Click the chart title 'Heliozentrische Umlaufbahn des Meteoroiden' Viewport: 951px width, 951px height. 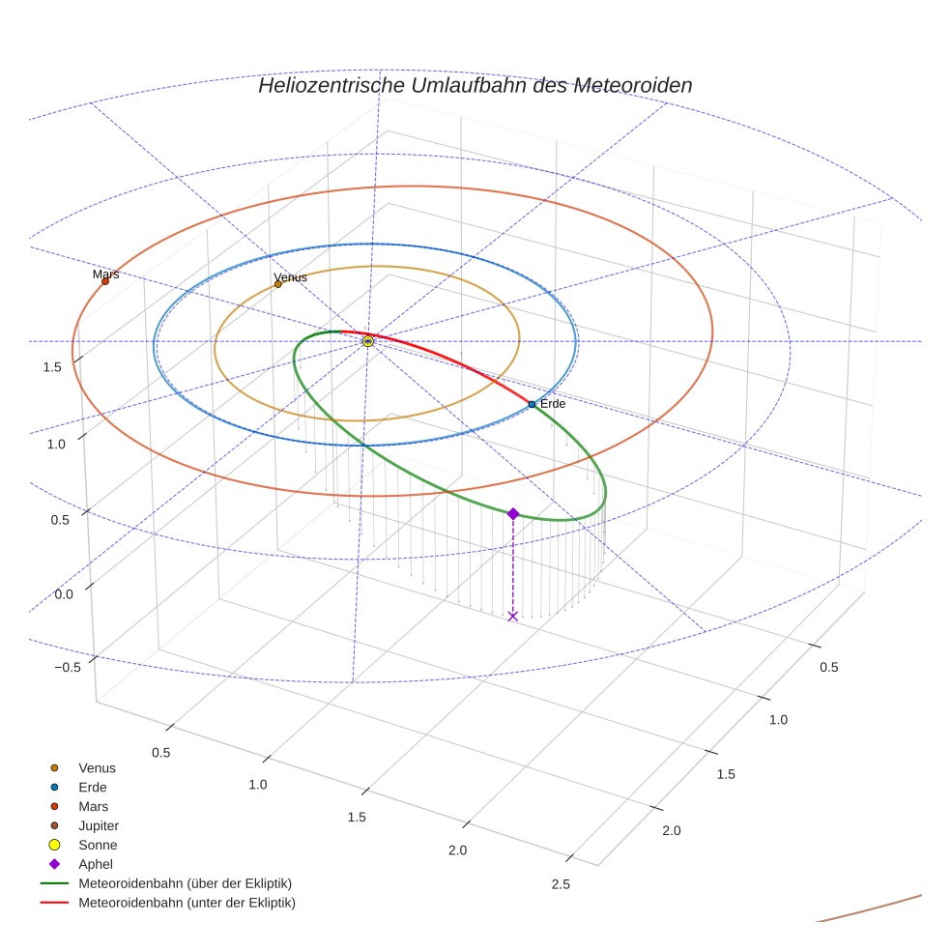click(x=475, y=86)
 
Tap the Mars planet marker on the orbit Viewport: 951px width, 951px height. click(x=105, y=281)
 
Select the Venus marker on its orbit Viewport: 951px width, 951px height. click(x=278, y=284)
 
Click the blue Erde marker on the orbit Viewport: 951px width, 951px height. click(x=532, y=404)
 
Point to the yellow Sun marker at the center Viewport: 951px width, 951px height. click(x=368, y=341)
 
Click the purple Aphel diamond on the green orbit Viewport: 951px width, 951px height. click(x=513, y=514)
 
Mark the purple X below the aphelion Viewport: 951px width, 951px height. click(x=513, y=616)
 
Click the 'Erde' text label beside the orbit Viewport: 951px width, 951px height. click(x=553, y=404)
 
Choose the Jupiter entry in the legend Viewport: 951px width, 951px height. click(x=99, y=826)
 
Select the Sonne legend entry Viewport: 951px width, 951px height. click(x=98, y=846)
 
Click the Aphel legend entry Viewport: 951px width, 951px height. click(x=96, y=865)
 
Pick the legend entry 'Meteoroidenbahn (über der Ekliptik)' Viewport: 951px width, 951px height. click(x=185, y=884)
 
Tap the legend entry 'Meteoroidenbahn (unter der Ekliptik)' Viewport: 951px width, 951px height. click(x=187, y=904)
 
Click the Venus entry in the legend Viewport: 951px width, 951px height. click(x=97, y=768)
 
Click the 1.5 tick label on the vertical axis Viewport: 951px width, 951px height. click(x=52, y=366)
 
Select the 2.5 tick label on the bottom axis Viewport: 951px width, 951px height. click(x=560, y=884)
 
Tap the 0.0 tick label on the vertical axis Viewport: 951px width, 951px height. click(x=64, y=593)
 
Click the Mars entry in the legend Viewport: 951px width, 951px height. click(x=93, y=807)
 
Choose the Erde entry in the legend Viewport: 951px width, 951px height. click(x=93, y=788)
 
